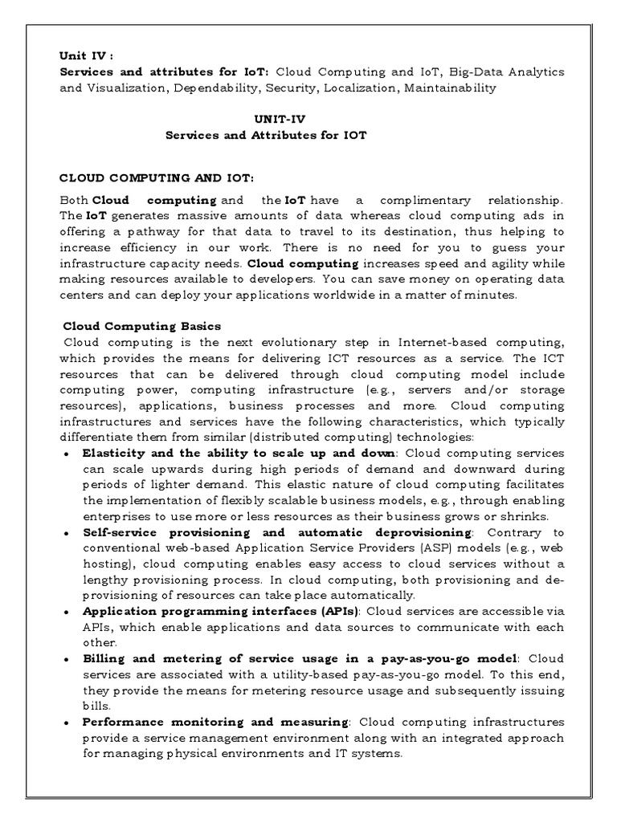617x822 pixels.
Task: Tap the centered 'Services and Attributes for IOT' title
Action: (266, 135)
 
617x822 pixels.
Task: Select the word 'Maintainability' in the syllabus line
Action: (450, 88)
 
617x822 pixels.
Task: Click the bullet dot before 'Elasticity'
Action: (66, 454)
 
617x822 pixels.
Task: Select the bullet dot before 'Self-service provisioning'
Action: (66, 533)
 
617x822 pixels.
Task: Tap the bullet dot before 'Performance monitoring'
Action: (66, 722)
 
